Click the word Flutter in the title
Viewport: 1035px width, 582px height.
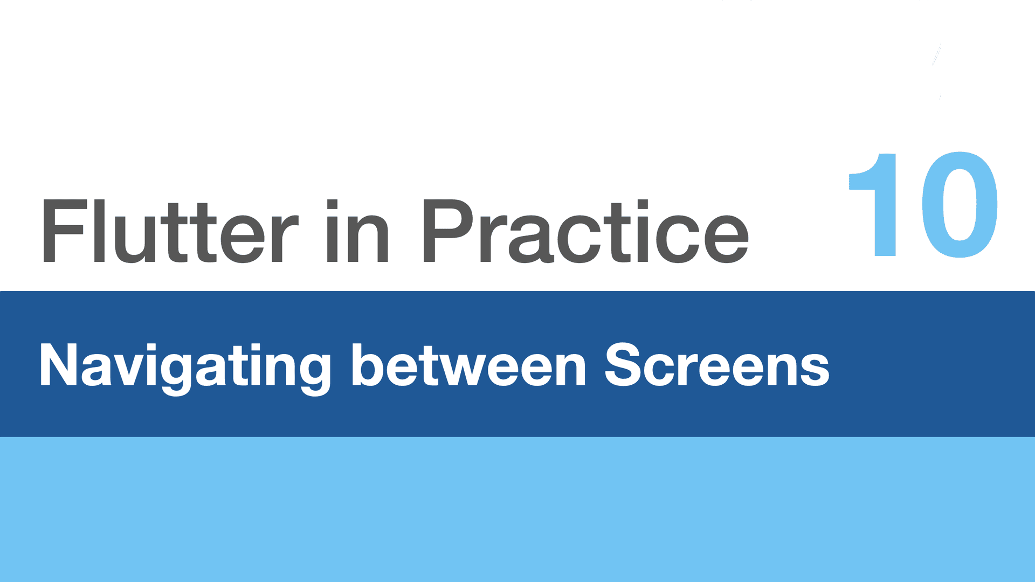point(170,231)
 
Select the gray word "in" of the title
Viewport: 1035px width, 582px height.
point(357,231)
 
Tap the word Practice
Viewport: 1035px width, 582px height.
point(586,231)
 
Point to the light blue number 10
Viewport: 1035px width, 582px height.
point(923,205)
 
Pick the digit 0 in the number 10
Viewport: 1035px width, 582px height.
point(960,205)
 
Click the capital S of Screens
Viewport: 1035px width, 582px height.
point(624,365)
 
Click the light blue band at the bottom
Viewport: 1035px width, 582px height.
point(517,509)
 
